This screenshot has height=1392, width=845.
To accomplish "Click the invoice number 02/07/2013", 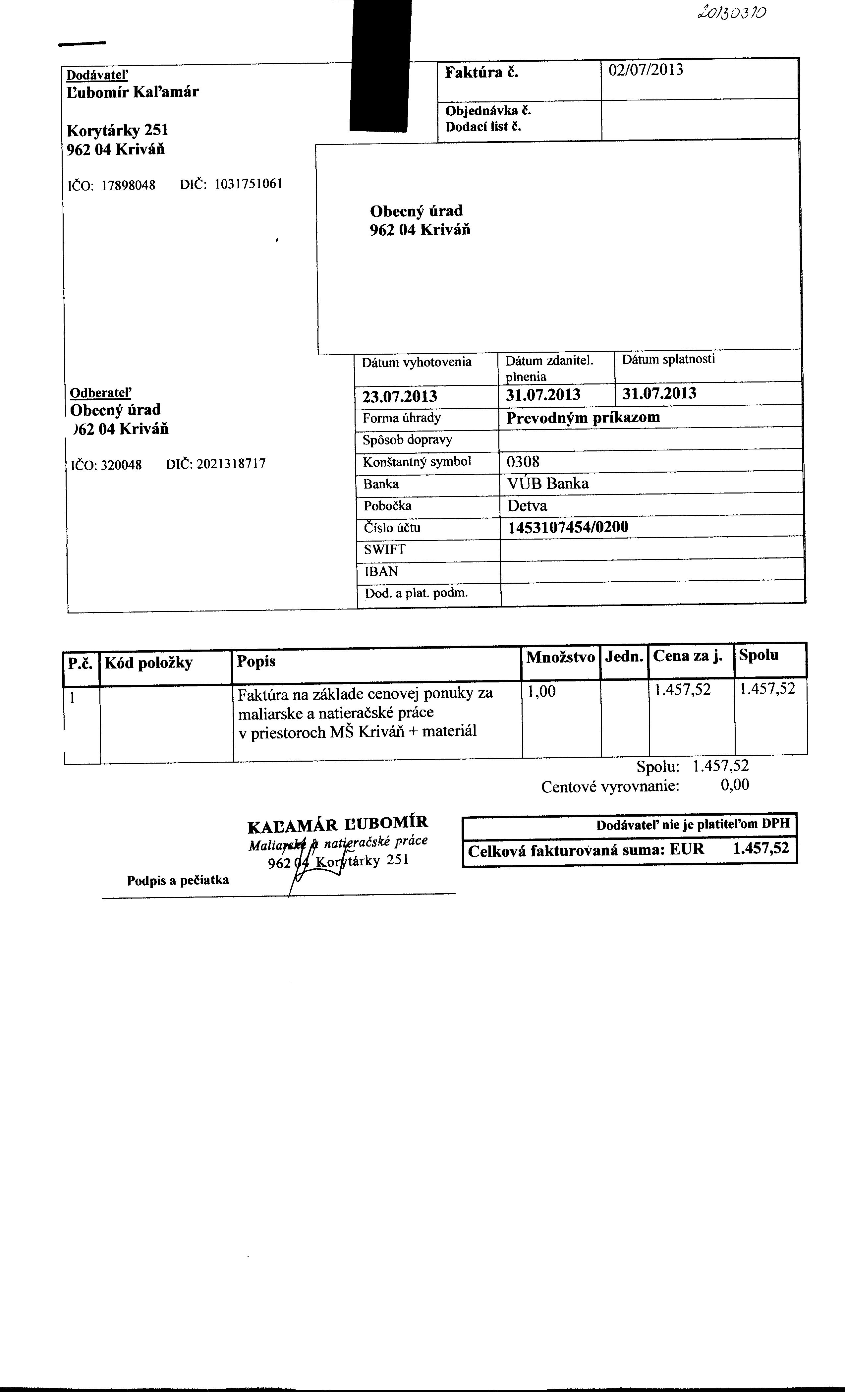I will (646, 70).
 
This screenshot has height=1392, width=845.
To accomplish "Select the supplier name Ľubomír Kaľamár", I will (133, 91).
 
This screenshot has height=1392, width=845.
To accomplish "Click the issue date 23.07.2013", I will (399, 396).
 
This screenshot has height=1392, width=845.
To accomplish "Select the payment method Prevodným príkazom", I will (583, 418).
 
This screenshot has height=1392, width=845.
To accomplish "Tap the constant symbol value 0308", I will (523, 462).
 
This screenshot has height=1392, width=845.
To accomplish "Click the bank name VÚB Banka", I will (548, 484).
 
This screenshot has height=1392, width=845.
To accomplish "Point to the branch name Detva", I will (527, 506).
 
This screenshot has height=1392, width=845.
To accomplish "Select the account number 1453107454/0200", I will (568, 528).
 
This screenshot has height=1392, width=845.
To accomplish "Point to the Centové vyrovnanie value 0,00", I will (735, 785).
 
